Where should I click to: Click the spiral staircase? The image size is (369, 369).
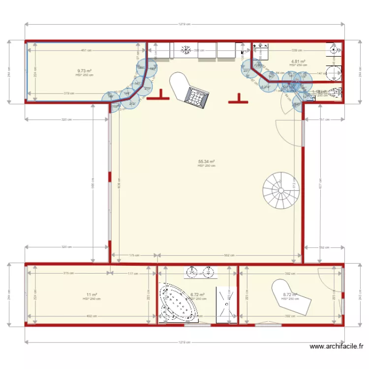click(281, 189)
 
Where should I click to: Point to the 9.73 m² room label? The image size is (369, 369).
click(84, 71)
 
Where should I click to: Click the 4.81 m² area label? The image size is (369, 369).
click(298, 61)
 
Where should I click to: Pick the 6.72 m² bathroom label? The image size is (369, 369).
click(198, 295)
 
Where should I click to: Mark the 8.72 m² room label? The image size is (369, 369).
click(290, 295)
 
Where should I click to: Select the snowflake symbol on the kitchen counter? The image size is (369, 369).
click(186, 50)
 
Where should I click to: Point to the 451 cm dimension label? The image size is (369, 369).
click(86, 50)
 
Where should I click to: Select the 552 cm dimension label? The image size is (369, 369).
click(229, 255)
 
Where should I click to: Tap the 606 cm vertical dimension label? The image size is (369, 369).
click(92, 185)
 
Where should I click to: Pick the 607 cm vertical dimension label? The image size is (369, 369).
click(320, 185)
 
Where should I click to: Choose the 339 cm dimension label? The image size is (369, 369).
click(298, 50)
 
